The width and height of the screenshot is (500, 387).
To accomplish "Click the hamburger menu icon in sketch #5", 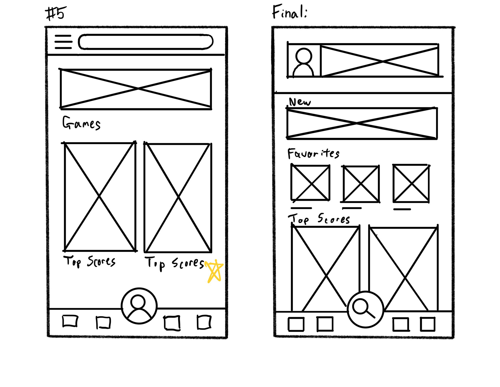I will pos(63,42).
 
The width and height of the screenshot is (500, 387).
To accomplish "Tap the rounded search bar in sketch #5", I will pos(146,42).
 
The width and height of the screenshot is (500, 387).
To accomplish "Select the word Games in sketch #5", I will pos(81,123).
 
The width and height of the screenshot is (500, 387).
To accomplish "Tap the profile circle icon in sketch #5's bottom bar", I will pos(139,306).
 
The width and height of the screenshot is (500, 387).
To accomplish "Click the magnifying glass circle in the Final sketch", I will pos(365,310).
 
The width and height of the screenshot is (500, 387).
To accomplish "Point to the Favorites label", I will pos(313,154).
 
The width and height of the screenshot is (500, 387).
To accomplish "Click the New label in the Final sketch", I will pos(300,102).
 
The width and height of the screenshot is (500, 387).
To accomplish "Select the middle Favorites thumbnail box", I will pos(361,184).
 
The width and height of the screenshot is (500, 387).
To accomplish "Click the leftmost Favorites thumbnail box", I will pos(310,183).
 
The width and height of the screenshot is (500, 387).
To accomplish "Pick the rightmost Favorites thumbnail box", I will pos(411,183).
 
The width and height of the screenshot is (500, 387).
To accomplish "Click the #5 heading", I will pos(55,14).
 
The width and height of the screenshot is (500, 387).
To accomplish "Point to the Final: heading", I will pos(290,12).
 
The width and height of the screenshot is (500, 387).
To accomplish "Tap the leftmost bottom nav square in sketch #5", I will pos(70,321).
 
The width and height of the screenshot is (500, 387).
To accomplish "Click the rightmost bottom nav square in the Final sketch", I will pos(428,324).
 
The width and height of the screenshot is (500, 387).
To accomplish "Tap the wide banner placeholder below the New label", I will pos(362,123).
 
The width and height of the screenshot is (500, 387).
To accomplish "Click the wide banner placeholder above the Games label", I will pos(136,89).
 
